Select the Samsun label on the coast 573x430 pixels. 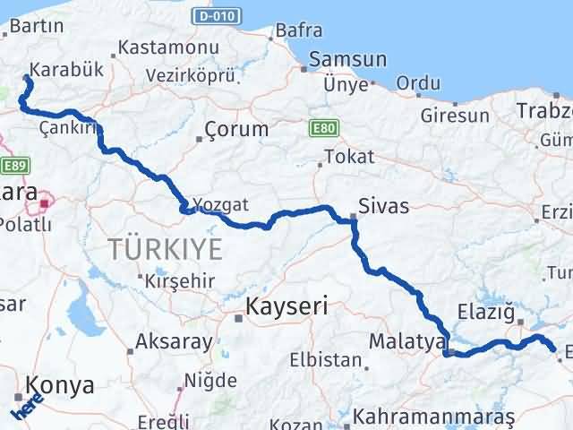pos(347,60)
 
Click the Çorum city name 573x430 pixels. pos(236,129)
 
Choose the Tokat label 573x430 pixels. pos(349,157)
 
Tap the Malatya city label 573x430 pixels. pos(407,341)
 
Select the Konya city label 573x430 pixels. pos(60,386)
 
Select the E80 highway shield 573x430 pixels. pos(322,129)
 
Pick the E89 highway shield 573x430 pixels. pos(16,165)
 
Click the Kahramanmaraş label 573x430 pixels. pos(434,417)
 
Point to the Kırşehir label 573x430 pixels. pos(181,281)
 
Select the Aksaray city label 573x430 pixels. pos(175,341)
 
